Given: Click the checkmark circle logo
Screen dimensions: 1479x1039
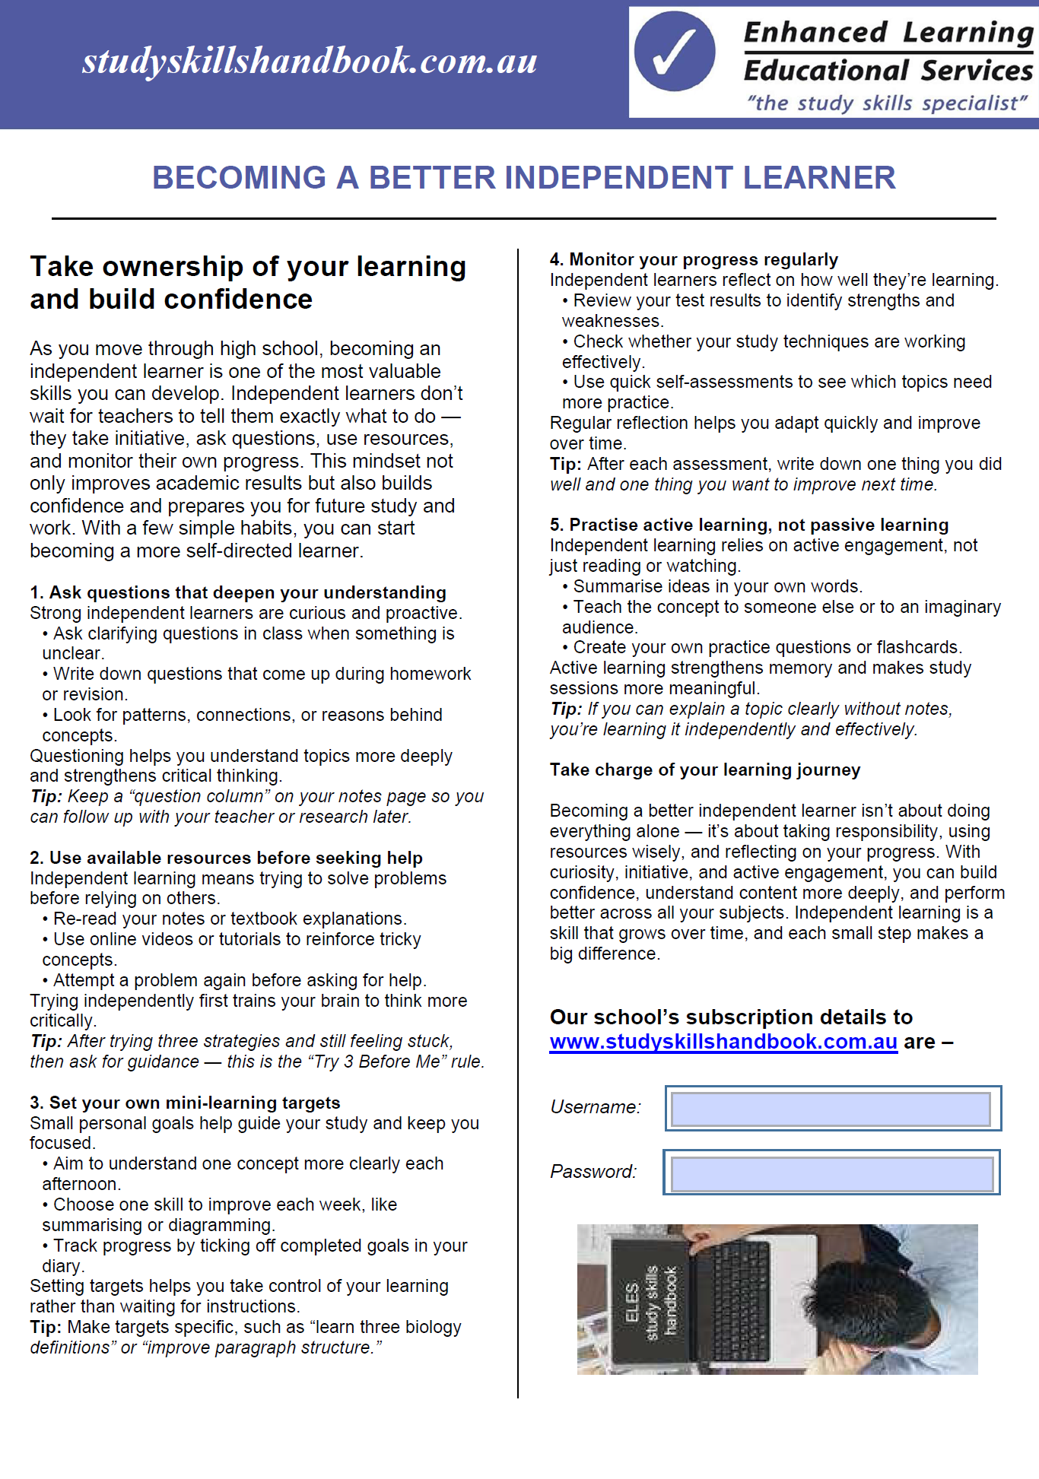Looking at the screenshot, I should (674, 52).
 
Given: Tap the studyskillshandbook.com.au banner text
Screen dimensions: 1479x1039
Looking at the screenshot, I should (310, 61).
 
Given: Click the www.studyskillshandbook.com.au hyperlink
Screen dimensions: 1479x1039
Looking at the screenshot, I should (723, 1042).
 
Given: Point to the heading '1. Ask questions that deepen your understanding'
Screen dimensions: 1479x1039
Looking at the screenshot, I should (238, 592).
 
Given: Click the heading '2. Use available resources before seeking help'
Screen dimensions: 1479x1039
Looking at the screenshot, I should (226, 858).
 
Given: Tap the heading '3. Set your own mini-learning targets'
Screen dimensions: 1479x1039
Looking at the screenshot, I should (185, 1103).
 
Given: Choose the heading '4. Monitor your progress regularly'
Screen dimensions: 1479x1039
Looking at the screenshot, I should (694, 260).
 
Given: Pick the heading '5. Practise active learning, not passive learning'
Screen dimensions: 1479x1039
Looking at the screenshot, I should (749, 525).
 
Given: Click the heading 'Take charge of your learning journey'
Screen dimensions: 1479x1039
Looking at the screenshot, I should (705, 770).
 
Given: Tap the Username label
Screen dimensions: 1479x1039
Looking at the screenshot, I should (596, 1107).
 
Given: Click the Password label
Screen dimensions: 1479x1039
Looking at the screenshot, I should (593, 1172).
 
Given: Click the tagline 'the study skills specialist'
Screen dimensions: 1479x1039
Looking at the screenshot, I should (887, 103).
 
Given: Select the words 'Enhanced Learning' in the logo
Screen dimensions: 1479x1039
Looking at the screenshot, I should (888, 33).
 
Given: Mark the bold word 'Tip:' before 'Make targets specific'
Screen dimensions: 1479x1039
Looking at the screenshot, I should (46, 1328).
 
